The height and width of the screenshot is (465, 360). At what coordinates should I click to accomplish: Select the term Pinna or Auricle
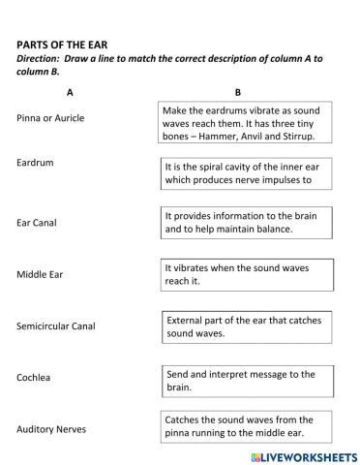50,118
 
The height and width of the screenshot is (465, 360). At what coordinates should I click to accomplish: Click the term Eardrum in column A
35,163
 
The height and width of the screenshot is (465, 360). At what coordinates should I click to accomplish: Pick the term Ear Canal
37,223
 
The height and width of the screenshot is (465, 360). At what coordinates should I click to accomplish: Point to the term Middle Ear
39,274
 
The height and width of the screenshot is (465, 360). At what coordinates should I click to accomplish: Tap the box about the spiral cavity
247,173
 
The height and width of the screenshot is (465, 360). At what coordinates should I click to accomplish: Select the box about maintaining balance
247,224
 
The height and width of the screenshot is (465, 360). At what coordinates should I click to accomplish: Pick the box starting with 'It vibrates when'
247,274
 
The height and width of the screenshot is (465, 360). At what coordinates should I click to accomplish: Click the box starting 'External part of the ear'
247,326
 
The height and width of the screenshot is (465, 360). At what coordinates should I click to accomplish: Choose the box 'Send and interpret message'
247,380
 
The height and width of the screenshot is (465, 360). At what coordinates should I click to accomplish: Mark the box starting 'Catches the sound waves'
247,427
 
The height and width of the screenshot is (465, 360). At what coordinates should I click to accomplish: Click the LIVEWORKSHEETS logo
299,455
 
